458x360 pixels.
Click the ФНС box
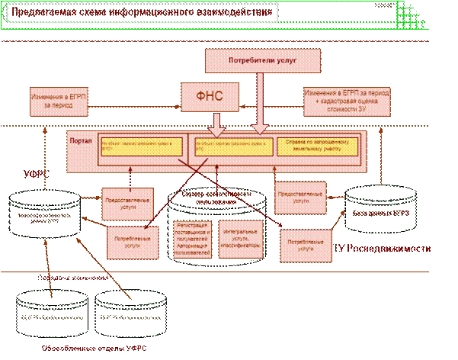[x=208, y=95]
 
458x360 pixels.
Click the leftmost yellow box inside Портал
[x=143, y=145]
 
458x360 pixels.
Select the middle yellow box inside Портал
[x=230, y=145]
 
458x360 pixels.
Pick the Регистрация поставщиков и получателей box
[x=192, y=239]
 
